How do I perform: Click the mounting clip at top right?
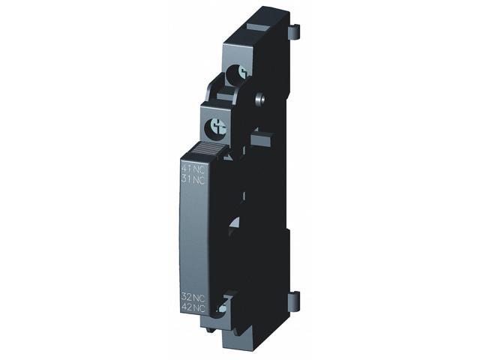pos(294,32)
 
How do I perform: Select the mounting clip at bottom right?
pos(293,300)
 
